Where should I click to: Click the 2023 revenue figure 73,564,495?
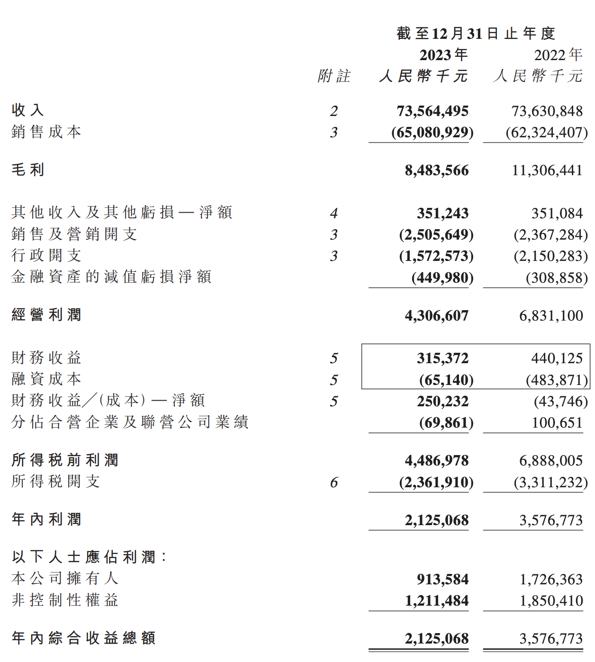(x=432, y=111)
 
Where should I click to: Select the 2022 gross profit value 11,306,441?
(x=547, y=170)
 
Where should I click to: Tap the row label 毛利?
(x=28, y=170)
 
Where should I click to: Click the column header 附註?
(x=334, y=76)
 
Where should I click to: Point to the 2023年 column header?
(x=443, y=55)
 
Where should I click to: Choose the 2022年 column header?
(x=558, y=55)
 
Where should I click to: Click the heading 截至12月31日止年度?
(x=476, y=34)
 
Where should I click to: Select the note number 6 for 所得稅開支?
(x=334, y=483)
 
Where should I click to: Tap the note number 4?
(x=334, y=214)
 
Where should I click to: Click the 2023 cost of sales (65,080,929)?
(x=432, y=133)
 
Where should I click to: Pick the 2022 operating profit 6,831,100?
(x=550, y=316)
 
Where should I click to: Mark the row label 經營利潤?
(x=46, y=315)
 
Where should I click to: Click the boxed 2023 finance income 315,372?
(x=442, y=358)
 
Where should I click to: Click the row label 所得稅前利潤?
(x=65, y=460)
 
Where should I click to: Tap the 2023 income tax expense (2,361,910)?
(x=436, y=483)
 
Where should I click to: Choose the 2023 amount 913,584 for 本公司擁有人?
(x=442, y=579)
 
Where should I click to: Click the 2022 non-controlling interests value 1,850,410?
(x=551, y=601)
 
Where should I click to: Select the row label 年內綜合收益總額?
(x=83, y=638)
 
